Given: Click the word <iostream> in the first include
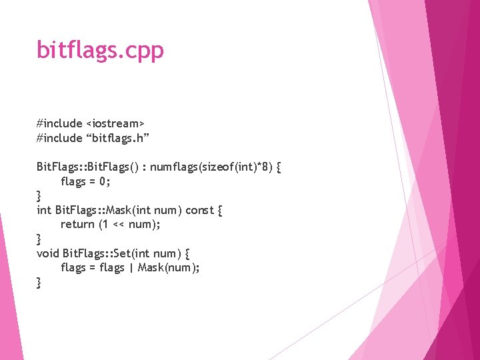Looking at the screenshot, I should click(115, 124).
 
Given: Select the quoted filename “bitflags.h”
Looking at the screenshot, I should click(117, 139).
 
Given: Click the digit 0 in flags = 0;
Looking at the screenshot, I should click(103, 181).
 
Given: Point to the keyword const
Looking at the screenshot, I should click(199, 210).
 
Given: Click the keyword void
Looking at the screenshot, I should click(48, 253).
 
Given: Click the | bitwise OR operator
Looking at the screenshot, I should click(131, 268).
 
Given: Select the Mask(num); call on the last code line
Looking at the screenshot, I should click(169, 268).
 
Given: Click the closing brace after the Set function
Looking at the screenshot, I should click(39, 283).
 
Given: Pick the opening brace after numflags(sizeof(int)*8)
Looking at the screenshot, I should click(278, 167).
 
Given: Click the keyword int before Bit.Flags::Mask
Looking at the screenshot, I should click(43, 210).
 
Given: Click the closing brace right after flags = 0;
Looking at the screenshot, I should click(39, 196).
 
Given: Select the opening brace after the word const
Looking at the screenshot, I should click(220, 210).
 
